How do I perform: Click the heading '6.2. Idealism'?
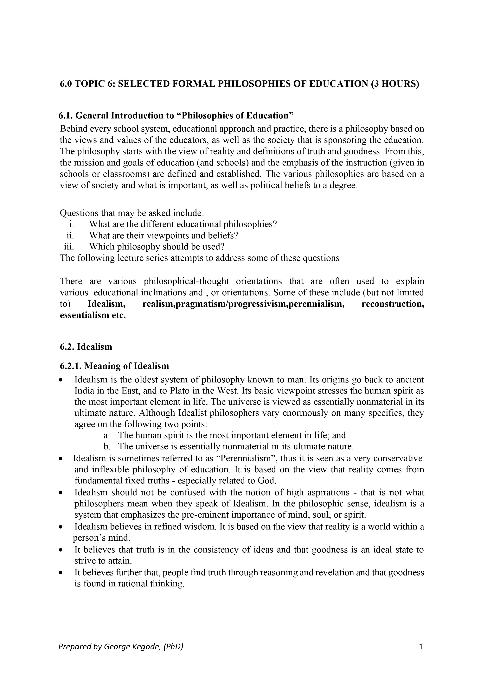(x=86, y=347)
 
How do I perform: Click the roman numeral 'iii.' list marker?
(x=69, y=246)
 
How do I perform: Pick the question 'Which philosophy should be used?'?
(x=157, y=246)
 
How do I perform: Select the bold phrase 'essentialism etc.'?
(x=93, y=315)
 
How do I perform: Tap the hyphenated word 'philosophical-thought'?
(x=186, y=281)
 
